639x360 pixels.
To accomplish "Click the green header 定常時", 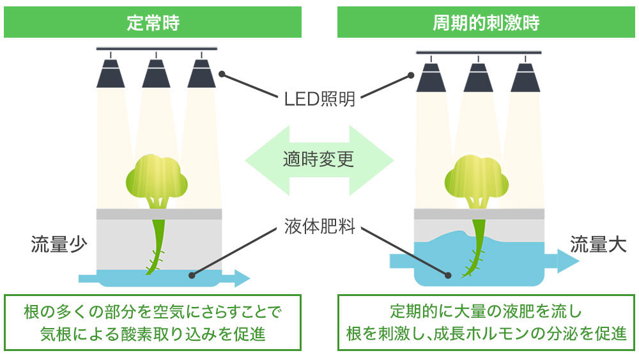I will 152,23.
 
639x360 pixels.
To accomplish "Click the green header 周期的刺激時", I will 486,23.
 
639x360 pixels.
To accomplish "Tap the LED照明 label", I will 319,99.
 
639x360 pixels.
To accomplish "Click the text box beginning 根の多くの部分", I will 152,323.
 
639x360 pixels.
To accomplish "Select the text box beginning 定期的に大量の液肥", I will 486,323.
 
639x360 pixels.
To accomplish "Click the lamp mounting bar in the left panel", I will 157,49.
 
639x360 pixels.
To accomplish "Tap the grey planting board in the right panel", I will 479,214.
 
